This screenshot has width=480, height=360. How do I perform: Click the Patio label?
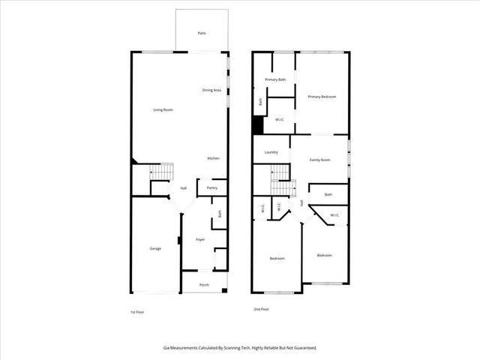[x=202, y=34]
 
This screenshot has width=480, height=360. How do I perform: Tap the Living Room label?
[x=163, y=110]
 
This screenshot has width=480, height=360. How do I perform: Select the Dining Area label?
[x=211, y=91]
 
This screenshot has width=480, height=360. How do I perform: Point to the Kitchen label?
[x=213, y=158]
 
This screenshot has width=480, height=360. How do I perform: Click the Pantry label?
[x=212, y=187]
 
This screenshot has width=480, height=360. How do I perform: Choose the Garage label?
[x=155, y=248]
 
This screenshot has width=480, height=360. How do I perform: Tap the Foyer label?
[x=200, y=240]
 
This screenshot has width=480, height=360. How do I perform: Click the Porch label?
[x=204, y=285]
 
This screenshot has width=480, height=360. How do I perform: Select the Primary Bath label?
[x=275, y=79]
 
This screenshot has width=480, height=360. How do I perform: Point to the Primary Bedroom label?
[x=322, y=97]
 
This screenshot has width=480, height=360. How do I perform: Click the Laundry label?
[x=271, y=152]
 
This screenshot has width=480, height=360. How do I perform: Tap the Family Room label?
[x=320, y=160]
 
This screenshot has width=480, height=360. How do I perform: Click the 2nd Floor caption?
[x=261, y=309]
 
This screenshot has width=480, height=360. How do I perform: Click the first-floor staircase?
[x=160, y=172]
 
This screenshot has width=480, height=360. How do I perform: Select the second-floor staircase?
[x=280, y=174]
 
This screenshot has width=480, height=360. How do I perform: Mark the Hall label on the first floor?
[x=183, y=188]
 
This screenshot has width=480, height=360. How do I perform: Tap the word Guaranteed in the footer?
[x=301, y=347]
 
